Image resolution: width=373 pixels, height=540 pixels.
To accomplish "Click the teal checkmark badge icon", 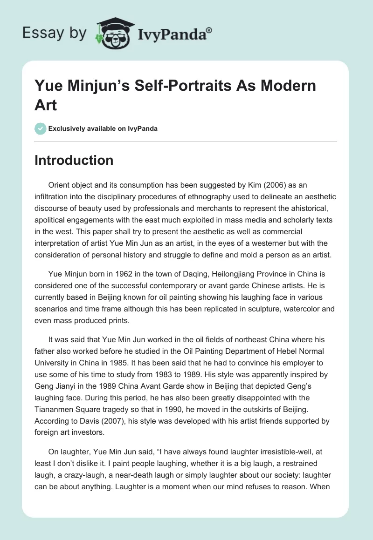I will pyautogui.click(x=41, y=128).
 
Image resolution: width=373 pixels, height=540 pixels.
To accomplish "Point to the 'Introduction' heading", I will pyautogui.click(x=74, y=160).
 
